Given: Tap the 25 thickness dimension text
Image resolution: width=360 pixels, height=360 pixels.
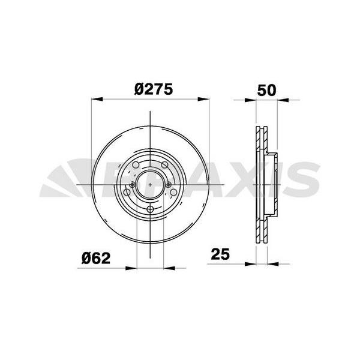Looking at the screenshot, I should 220,254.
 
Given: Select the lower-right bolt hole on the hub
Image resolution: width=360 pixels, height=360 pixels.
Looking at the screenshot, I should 173,193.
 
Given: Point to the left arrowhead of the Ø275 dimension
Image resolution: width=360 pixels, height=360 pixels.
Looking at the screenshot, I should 95,100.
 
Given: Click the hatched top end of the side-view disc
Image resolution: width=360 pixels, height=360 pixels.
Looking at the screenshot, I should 262,132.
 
